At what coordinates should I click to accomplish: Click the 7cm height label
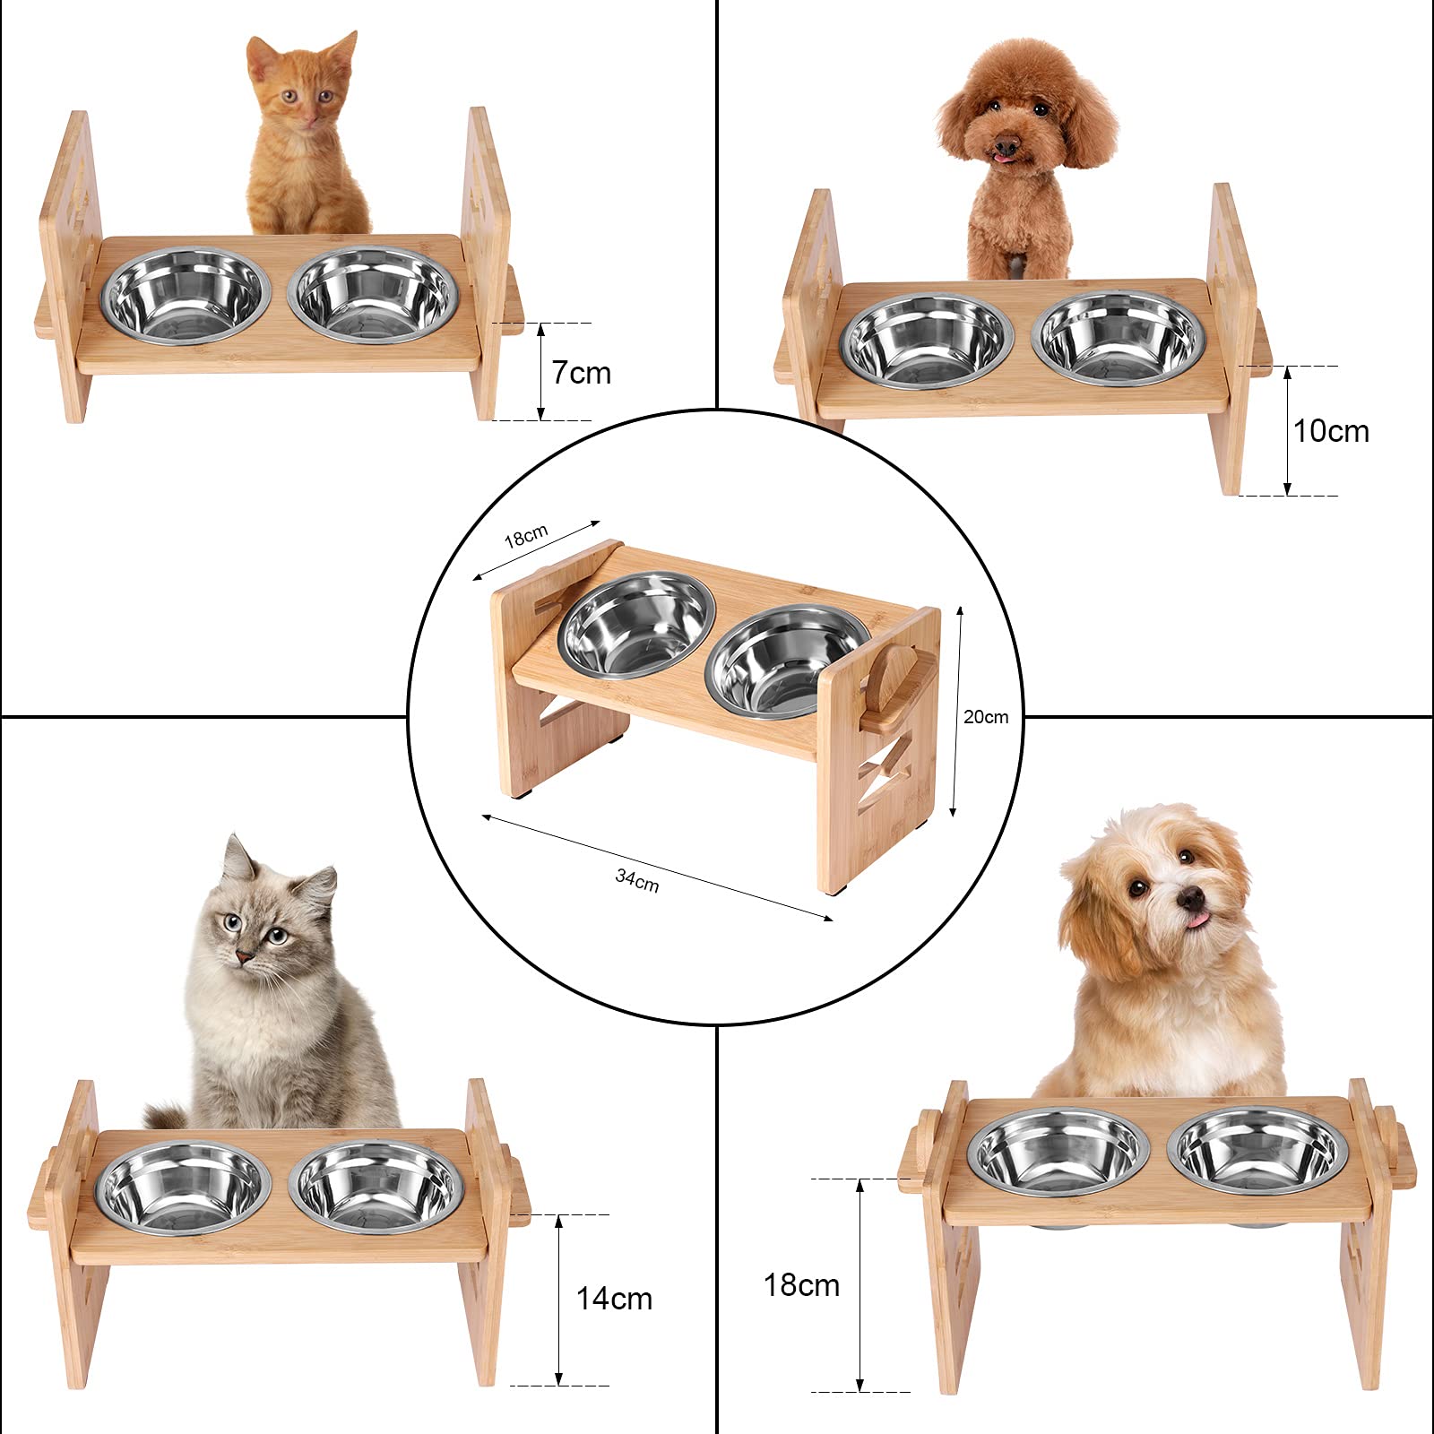581,373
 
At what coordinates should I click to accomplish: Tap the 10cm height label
1331,432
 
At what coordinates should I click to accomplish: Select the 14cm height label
614,1299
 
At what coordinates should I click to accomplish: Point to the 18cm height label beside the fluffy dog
801,1285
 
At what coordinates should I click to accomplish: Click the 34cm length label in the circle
637,881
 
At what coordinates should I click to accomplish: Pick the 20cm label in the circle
986,717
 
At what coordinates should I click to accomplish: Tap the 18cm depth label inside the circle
526,536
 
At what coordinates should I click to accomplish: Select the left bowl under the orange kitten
186,296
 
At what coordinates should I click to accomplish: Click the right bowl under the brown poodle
1117,338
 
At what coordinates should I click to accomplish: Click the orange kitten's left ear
260,56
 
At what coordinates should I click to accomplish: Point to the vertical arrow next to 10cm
1288,431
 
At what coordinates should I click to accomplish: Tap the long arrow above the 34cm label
657,867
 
